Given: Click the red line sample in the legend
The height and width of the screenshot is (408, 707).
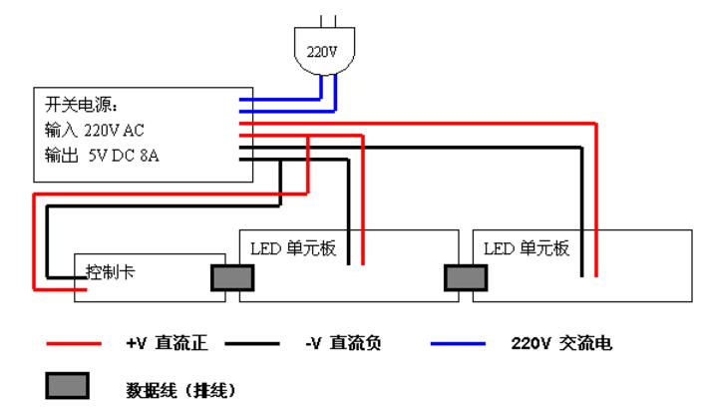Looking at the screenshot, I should tap(73, 345).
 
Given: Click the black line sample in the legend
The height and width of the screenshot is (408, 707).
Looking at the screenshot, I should tap(252, 345).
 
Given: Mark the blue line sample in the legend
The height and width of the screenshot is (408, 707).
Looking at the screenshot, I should tap(457, 345).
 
